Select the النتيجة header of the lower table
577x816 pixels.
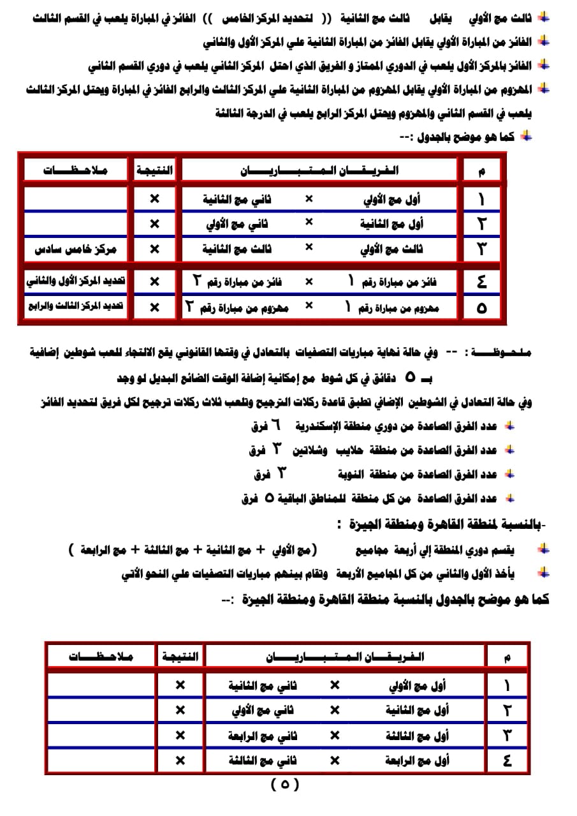(x=180, y=656)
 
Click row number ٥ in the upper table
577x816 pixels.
(x=481, y=308)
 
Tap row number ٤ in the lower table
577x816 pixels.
(x=508, y=760)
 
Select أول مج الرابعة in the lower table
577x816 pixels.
(x=418, y=760)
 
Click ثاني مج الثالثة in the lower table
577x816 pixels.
(x=263, y=760)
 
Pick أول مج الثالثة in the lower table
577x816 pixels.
(x=418, y=736)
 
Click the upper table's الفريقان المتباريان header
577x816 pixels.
(x=319, y=170)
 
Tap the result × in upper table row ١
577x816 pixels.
(x=154, y=199)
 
